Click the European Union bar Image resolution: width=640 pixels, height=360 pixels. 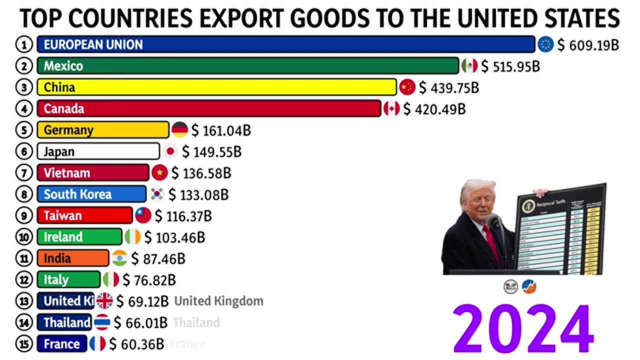(285, 44)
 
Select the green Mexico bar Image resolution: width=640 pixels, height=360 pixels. (247, 66)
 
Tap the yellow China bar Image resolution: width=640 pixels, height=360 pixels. (216, 87)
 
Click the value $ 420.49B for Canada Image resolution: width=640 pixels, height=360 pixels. (434, 109)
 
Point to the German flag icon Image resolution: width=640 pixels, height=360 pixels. (179, 130)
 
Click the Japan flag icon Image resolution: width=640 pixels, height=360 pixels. (170, 151)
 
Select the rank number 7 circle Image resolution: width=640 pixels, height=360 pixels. (23, 173)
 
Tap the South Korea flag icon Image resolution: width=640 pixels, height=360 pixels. (157, 194)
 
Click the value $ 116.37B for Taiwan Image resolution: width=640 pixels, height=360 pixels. (183, 216)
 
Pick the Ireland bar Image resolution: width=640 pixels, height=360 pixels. (79, 237)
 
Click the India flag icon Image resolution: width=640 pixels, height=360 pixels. (119, 258)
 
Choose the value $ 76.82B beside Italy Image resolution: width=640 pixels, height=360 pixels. (149, 280)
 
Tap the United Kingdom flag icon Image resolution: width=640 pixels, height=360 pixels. (104, 301)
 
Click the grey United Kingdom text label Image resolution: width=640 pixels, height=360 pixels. (218, 301)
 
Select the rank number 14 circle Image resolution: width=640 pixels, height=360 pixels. (23, 322)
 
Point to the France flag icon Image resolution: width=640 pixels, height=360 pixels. (97, 344)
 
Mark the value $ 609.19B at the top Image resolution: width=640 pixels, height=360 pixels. (588, 45)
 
